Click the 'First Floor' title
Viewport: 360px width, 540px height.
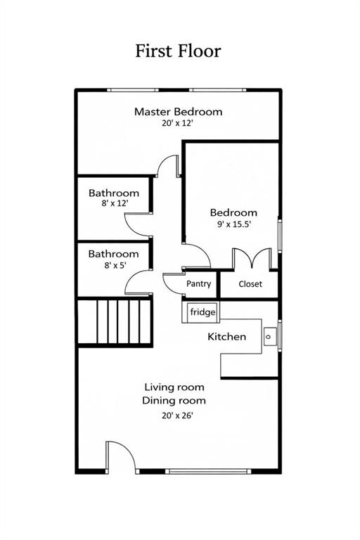[x=178, y=51]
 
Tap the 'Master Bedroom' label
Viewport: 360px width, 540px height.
[x=178, y=111]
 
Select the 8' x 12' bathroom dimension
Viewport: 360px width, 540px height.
[x=113, y=203]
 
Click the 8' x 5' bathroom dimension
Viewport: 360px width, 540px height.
[x=113, y=265]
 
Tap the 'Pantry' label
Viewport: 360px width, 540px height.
[x=199, y=284]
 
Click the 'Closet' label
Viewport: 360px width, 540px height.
[x=250, y=284]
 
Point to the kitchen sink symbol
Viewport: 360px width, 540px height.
[x=270, y=336]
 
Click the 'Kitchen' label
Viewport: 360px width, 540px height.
[x=226, y=337]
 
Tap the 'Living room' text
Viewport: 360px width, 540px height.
[x=174, y=387]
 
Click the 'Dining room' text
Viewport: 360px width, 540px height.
[x=174, y=400]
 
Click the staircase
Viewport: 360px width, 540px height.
[x=114, y=321]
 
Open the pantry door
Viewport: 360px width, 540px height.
[x=173, y=283]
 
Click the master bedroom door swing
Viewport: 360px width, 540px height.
[x=167, y=166]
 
